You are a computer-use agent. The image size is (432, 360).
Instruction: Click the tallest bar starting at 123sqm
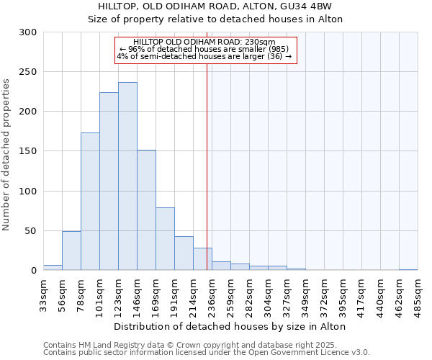point(127,176)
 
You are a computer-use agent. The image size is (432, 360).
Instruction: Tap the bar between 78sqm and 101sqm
point(90,202)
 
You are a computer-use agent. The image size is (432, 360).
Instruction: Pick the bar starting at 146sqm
point(146,210)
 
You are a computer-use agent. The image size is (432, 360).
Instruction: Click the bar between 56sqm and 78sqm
point(71,251)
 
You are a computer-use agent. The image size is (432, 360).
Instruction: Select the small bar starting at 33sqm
point(53,268)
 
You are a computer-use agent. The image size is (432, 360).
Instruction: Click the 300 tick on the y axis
point(28,32)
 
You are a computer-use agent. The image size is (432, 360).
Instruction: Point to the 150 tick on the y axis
point(28,152)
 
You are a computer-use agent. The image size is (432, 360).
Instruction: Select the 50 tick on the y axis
point(30,231)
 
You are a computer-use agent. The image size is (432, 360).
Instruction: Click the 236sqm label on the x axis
point(212,294)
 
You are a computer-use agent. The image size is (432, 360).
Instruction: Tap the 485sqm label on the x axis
point(418,294)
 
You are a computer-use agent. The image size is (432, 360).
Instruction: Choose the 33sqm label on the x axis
point(44,294)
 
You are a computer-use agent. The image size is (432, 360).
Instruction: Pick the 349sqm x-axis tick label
point(306,294)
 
